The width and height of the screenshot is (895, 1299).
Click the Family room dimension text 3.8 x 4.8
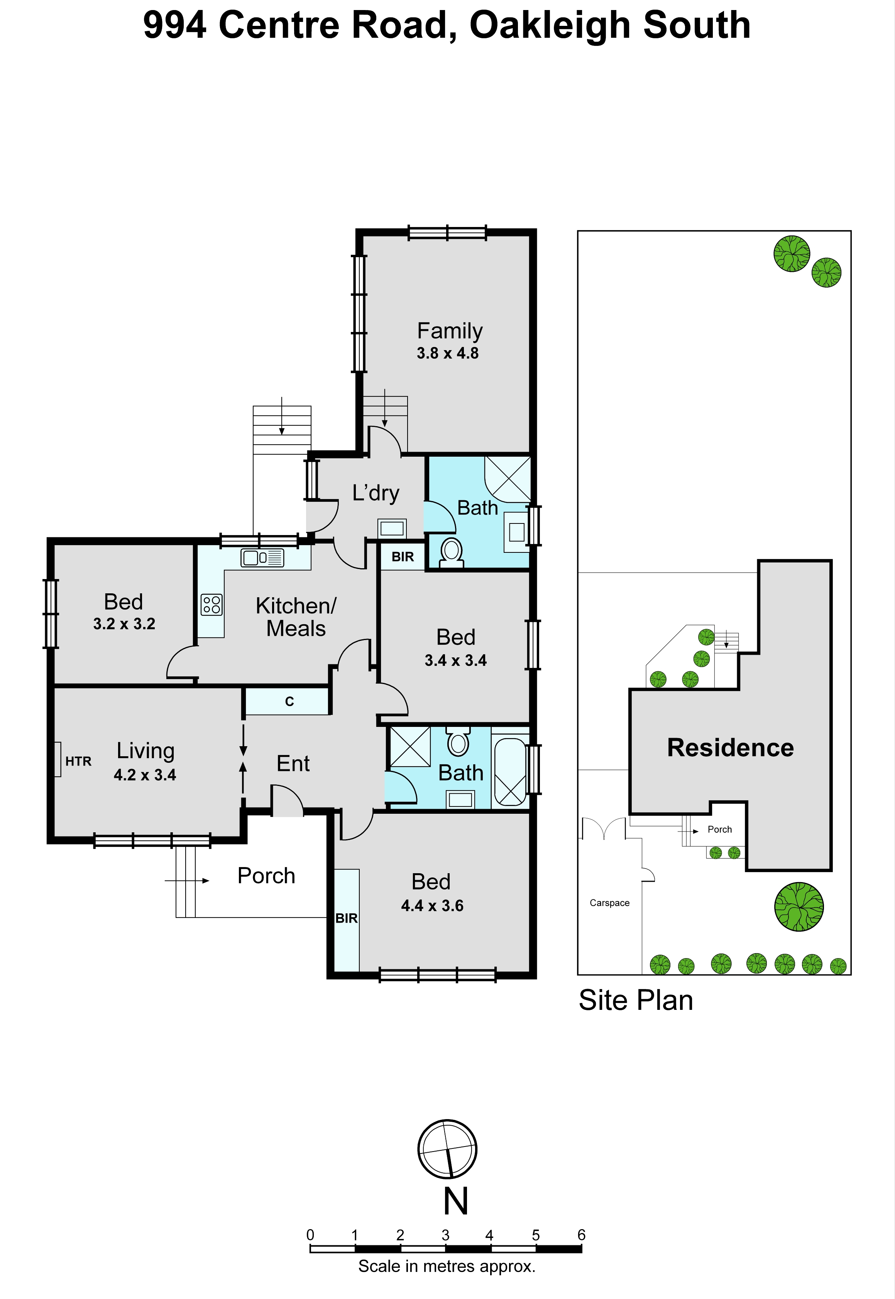(448, 353)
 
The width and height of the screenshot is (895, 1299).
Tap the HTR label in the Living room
(78, 761)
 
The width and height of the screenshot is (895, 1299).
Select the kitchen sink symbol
(262, 557)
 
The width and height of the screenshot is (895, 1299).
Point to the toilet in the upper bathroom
(452, 552)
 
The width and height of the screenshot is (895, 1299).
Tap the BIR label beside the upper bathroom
(403, 557)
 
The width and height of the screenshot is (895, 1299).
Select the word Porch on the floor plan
(266, 876)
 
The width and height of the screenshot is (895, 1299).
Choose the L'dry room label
(376, 493)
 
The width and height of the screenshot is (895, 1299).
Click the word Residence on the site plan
(731, 748)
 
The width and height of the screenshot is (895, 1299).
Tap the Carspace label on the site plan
(609, 903)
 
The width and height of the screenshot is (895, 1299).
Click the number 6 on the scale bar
(582, 1235)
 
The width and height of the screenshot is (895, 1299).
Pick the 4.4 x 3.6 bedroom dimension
(432, 906)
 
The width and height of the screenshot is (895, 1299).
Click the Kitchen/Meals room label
(296, 617)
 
